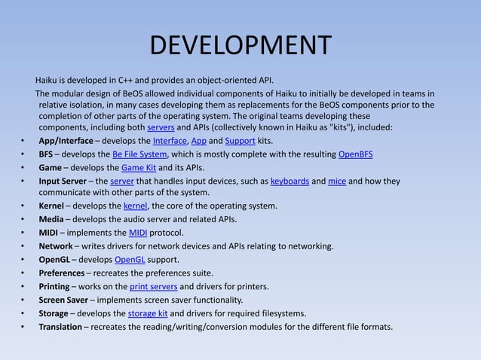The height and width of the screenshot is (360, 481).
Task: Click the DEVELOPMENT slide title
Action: [x=240, y=44]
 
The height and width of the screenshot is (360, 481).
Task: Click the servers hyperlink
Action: [x=161, y=127]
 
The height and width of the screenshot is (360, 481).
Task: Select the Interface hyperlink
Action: [x=170, y=141]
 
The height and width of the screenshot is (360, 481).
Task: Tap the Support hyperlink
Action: [x=240, y=141]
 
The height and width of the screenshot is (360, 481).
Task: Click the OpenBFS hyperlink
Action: [x=355, y=154]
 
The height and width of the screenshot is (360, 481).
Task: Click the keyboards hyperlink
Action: [x=289, y=181]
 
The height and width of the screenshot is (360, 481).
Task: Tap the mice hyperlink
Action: [x=336, y=181]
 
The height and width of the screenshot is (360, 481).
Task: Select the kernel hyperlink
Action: [x=135, y=206]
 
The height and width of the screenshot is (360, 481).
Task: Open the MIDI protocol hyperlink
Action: [x=138, y=233]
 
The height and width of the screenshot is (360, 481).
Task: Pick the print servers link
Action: [x=153, y=286]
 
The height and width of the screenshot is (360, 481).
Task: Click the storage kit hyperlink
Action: [x=148, y=313]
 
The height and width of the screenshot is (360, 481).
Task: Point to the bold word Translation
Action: [x=60, y=327]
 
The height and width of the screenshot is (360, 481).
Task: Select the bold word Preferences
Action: [x=62, y=273]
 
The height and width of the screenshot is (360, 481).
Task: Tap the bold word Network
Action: [x=56, y=246]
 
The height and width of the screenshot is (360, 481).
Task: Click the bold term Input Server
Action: [x=63, y=181]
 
